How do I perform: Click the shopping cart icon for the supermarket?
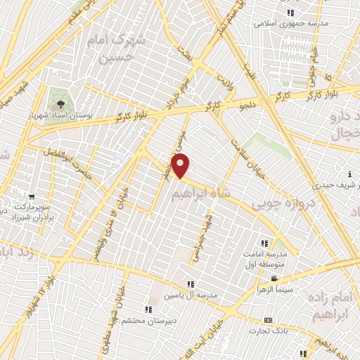(31, 196)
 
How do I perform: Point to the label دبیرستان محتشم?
(146, 321)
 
